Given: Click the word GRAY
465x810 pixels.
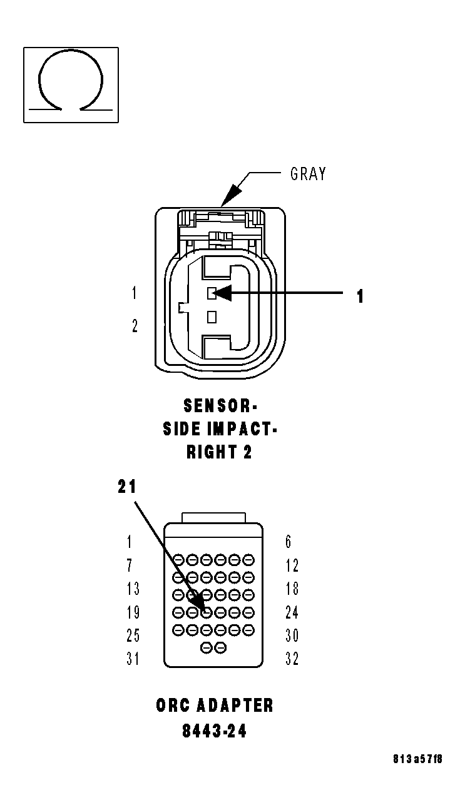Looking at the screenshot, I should tap(308, 174).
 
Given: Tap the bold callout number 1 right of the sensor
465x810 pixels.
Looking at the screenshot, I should tap(360, 296).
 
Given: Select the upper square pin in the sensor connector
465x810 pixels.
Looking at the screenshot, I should tap(212, 292).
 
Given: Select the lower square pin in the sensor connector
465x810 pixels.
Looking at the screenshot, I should tap(212, 316).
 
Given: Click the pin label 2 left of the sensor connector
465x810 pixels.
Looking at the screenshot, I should tap(135, 326).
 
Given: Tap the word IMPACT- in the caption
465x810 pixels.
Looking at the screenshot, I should tap(244, 429).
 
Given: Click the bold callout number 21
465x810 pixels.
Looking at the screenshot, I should tap(127, 487).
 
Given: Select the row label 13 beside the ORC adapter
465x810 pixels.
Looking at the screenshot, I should tap(133, 589).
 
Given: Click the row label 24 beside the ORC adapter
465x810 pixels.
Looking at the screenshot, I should tap(292, 612).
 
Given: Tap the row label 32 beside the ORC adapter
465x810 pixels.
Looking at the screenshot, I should tap(292, 659).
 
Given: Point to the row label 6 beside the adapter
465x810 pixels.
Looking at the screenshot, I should tap(289, 542).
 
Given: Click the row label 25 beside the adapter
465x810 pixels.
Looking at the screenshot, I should tap(133, 635).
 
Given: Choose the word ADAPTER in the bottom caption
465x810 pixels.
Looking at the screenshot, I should tap(235, 706).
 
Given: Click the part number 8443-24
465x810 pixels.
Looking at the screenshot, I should tap(214, 731).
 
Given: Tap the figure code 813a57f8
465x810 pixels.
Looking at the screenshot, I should tap(417, 759).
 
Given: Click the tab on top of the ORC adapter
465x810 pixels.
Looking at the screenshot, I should tap(213, 517).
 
